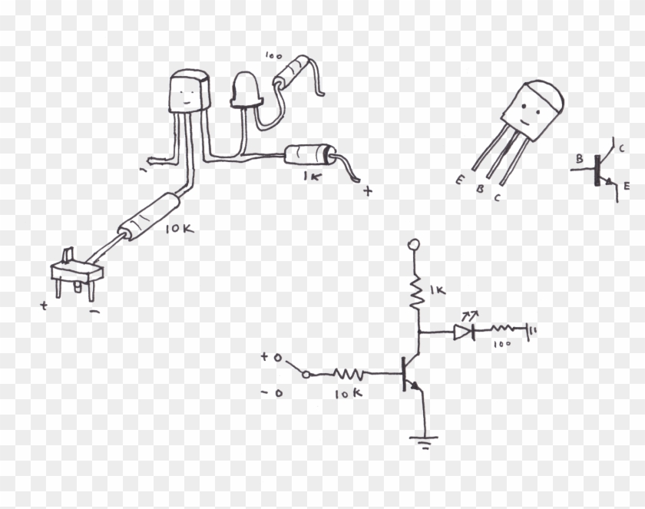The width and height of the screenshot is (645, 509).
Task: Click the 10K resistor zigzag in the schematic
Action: tap(348, 375)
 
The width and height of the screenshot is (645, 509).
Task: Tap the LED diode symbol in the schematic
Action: tap(462, 332)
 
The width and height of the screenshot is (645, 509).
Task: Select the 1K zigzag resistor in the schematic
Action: tap(416, 293)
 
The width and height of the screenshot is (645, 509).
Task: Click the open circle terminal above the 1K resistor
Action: tap(415, 245)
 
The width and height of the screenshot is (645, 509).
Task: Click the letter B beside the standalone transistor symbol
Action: tap(580, 160)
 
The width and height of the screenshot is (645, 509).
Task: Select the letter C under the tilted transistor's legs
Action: tap(498, 198)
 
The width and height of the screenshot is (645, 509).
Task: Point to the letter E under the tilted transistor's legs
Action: tap(458, 181)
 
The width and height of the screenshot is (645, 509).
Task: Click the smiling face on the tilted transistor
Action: tap(526, 119)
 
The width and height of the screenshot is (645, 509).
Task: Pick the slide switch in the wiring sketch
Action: tap(75, 271)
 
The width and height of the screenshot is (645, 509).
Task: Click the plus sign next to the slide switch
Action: tap(45, 305)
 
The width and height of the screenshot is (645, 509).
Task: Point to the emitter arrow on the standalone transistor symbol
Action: tap(610, 182)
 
